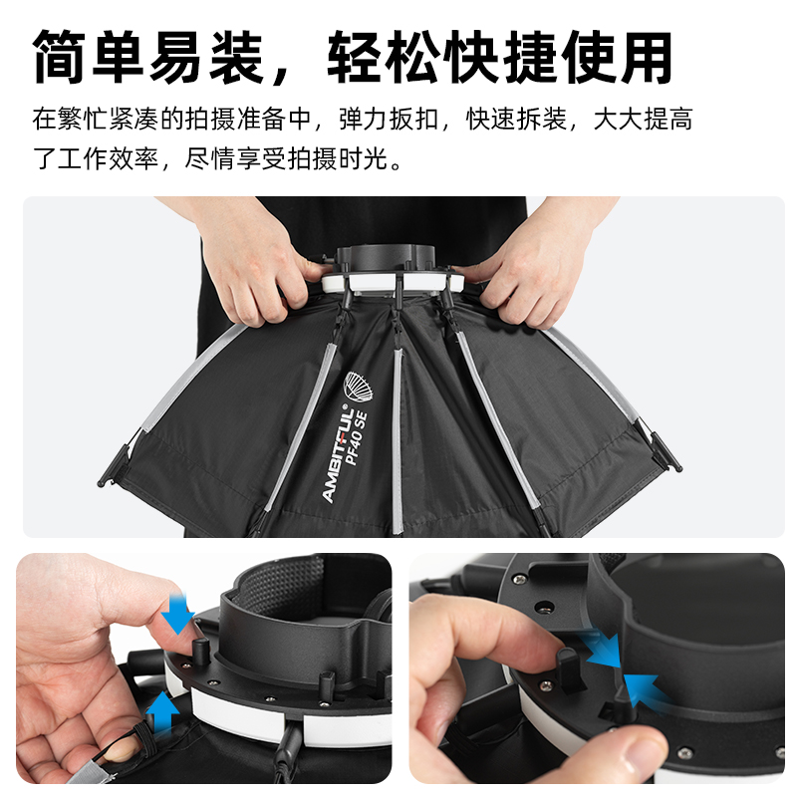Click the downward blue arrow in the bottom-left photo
click(177, 615)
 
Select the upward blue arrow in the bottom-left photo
click(162, 711)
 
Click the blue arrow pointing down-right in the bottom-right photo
click(604, 649)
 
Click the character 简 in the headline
click(59, 57)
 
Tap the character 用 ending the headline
click(647, 57)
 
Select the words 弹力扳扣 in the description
click(389, 120)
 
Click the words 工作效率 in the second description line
click(108, 158)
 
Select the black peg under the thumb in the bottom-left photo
click(200, 651)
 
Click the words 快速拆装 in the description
click(516, 120)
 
